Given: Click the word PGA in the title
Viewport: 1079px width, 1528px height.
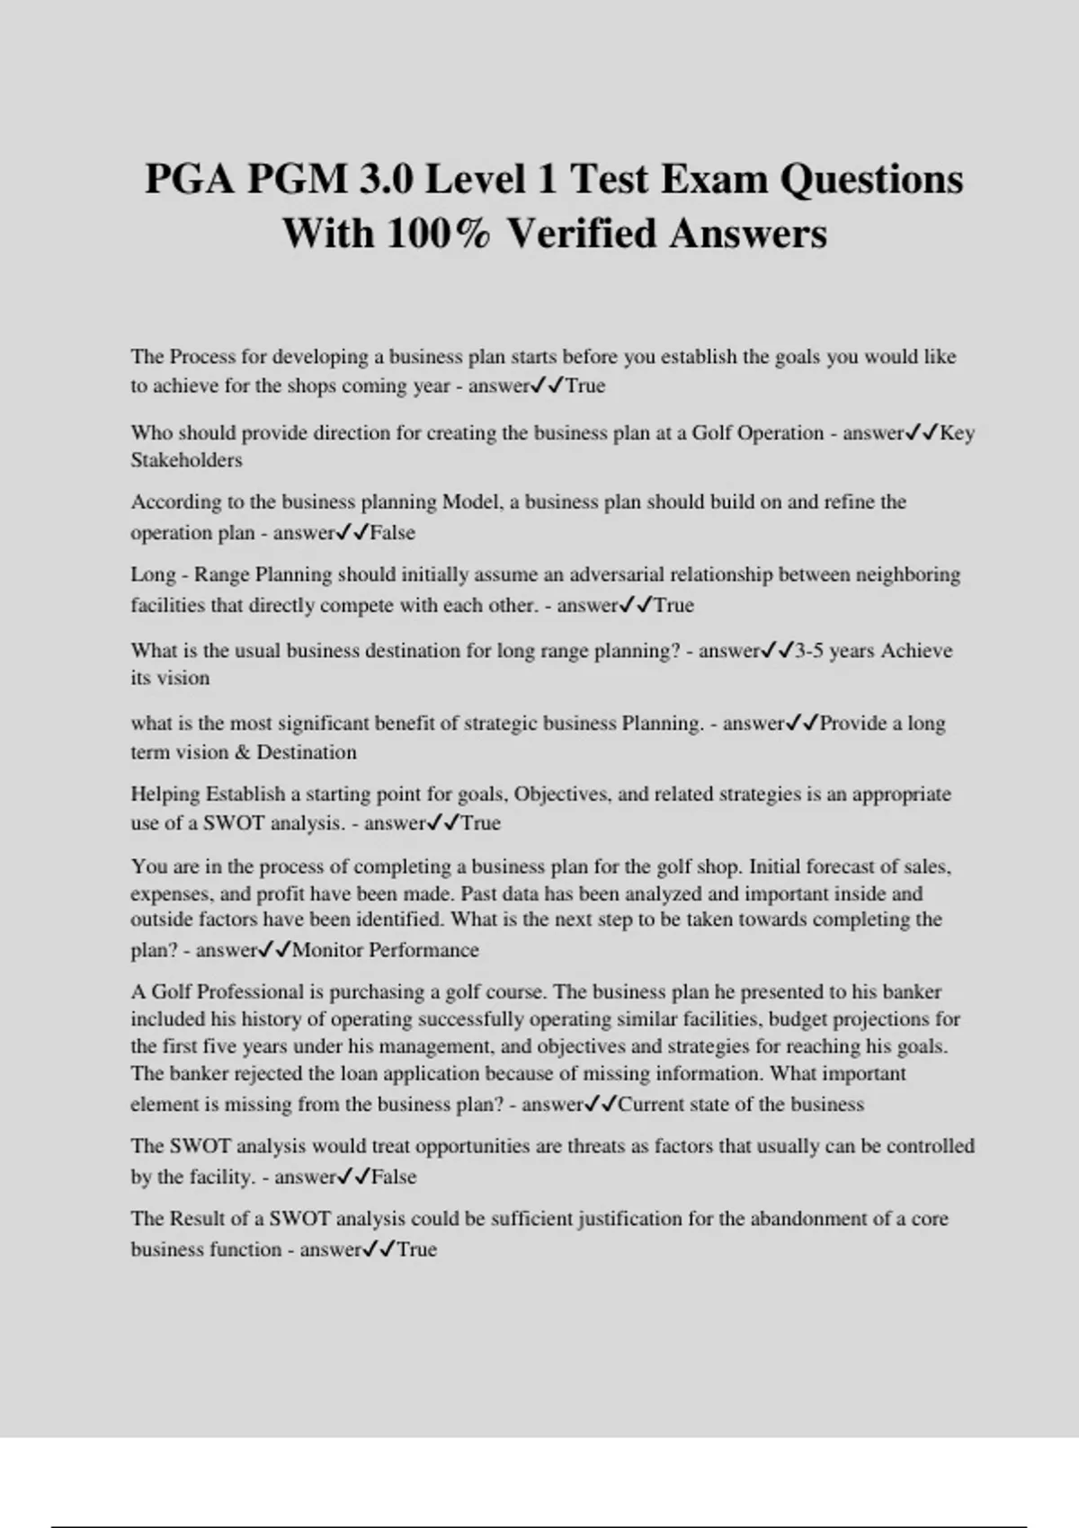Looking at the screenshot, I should coord(190,179).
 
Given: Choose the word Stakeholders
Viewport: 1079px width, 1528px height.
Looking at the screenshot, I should coord(186,460).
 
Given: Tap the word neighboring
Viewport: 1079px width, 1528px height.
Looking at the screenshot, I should coord(907,574).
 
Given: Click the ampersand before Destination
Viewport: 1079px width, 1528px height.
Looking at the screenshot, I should coord(242,752).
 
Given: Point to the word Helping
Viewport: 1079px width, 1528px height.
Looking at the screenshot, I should coord(165,795).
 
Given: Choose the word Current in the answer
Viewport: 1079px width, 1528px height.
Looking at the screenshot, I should coord(652,1105).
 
